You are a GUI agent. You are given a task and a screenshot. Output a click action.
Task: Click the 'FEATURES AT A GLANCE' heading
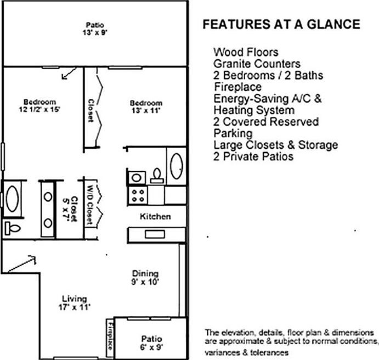(x=281, y=25)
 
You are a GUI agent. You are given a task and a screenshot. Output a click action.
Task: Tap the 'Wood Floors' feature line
(x=246, y=53)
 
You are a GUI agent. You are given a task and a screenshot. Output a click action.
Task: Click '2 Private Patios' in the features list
(x=253, y=156)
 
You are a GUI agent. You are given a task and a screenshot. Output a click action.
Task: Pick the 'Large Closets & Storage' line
(x=275, y=145)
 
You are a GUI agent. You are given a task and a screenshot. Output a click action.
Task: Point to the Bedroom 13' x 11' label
(x=146, y=106)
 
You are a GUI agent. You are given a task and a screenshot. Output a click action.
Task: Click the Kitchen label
(x=156, y=217)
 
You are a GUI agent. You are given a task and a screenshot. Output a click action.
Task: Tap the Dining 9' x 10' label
(x=145, y=278)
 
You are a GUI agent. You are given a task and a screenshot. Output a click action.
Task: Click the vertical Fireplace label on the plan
(x=109, y=336)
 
